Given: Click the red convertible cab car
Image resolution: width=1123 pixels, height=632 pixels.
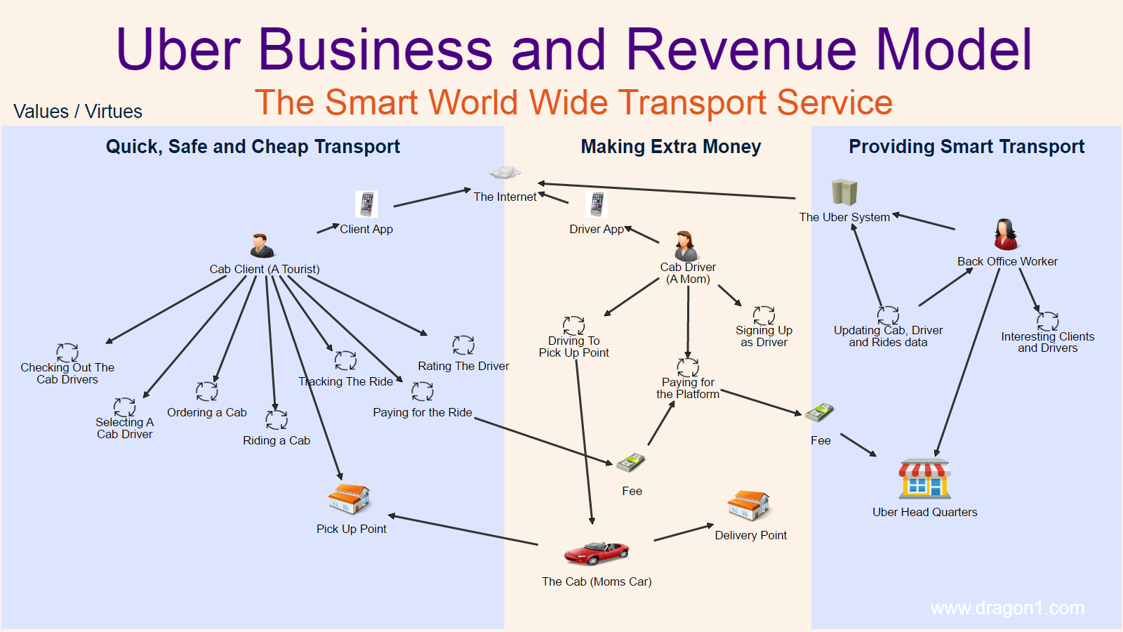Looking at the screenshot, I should (x=596, y=553).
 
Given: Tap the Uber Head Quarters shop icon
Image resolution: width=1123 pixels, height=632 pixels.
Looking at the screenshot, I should (x=925, y=479).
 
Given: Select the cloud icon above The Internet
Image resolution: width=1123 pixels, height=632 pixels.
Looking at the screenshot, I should (x=505, y=172).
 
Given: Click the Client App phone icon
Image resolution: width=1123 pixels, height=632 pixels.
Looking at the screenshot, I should (x=366, y=204).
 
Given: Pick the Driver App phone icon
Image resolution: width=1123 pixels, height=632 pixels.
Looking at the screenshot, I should (x=597, y=204).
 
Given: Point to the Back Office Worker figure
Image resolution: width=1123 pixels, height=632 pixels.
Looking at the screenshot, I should (x=1006, y=235).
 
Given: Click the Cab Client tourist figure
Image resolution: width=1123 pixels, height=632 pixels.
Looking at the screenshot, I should (x=262, y=246).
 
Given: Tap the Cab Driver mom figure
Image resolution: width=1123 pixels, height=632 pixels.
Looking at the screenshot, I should (x=685, y=246).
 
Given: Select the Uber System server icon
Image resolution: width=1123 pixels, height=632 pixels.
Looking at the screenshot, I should (x=844, y=192).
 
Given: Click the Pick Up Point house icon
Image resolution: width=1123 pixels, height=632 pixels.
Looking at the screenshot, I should (x=349, y=499).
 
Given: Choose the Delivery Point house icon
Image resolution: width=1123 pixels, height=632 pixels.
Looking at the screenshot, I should (x=748, y=506).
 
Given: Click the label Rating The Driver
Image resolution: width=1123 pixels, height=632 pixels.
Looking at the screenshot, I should (x=463, y=366).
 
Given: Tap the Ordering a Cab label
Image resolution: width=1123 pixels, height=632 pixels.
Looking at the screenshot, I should (x=207, y=412).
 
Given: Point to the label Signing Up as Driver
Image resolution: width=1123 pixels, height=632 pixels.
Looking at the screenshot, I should (x=764, y=336).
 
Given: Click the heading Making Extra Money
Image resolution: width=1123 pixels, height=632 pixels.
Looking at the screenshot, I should (x=671, y=147).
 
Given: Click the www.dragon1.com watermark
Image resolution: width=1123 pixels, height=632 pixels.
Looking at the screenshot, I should (x=1007, y=608).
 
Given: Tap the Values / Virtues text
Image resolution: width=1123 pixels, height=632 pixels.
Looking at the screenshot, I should (x=78, y=112).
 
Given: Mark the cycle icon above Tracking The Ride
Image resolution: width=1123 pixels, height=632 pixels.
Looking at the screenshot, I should (x=345, y=361).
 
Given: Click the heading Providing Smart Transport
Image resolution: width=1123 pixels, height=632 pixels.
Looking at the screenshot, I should (x=966, y=147).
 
